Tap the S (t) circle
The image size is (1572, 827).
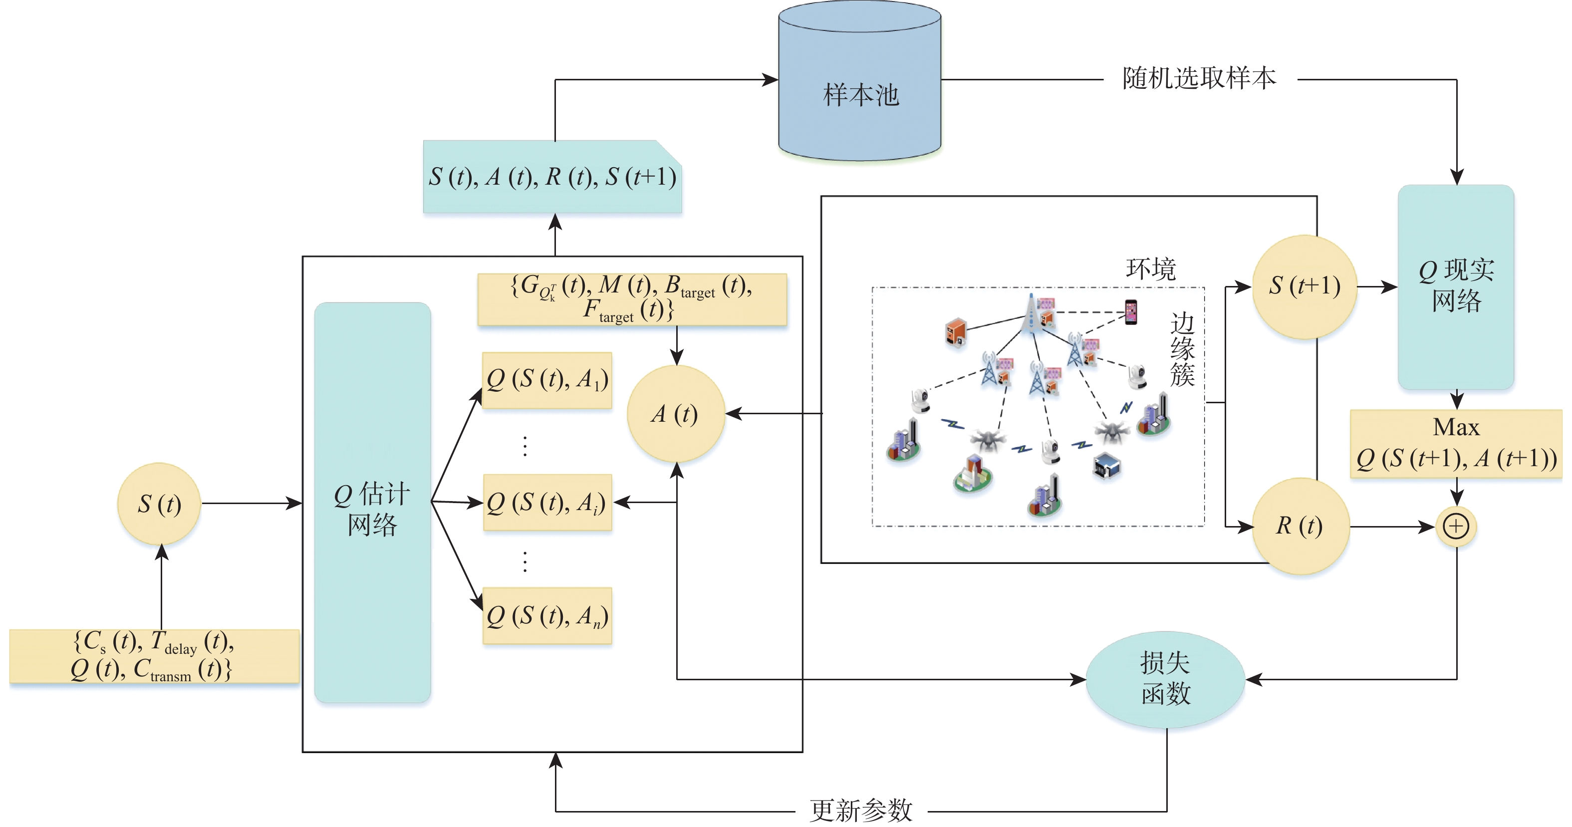click(159, 504)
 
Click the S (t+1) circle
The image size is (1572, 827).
click(1304, 286)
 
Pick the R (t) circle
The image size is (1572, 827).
click(1300, 526)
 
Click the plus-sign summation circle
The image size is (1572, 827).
click(1456, 526)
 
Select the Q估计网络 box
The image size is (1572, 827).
click(372, 502)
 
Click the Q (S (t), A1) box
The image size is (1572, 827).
click(547, 380)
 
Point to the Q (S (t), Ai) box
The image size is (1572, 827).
click(547, 502)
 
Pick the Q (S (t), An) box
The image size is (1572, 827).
click(547, 615)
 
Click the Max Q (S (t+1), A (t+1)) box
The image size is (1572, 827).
click(1456, 444)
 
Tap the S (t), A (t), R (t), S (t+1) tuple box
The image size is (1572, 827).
click(552, 177)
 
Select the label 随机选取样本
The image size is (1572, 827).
click(1199, 79)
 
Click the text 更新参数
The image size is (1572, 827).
click(860, 811)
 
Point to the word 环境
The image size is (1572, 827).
click(1150, 269)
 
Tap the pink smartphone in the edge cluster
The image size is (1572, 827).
click(1131, 312)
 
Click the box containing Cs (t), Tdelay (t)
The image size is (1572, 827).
click(154, 655)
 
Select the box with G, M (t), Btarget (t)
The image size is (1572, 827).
click(632, 299)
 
